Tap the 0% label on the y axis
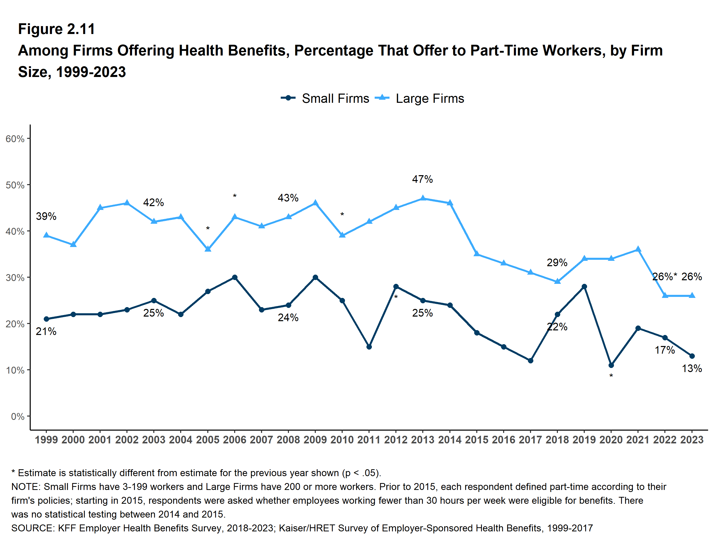point(18,416)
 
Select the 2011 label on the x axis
point(369,440)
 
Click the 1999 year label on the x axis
point(46,440)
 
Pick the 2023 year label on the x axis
point(692,440)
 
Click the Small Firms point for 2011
point(369,347)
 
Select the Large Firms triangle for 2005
point(208,249)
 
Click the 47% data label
point(422,179)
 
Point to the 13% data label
point(692,368)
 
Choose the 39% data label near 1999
point(46,216)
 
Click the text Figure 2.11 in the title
point(57,29)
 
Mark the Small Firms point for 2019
point(584,286)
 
